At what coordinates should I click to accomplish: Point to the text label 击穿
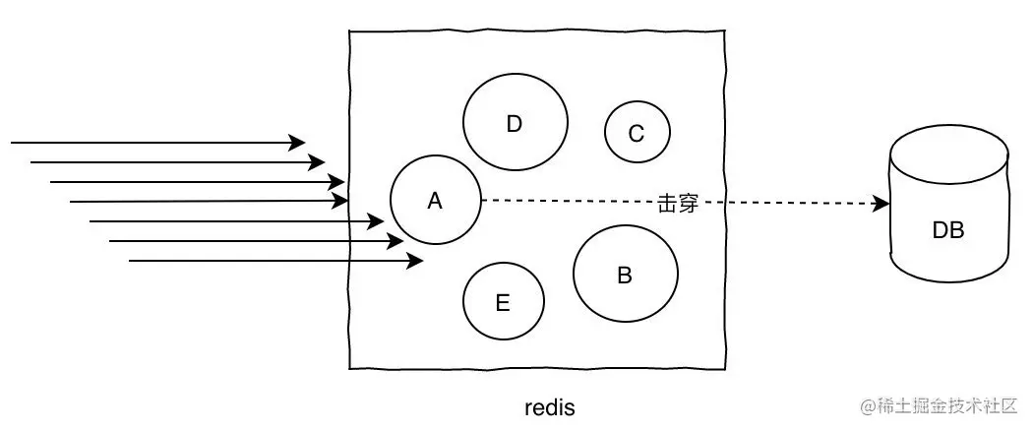click(677, 204)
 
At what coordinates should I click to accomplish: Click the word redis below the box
click(549, 408)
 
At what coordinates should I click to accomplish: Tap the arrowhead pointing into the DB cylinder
click(881, 204)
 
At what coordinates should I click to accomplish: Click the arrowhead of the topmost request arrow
click(296, 142)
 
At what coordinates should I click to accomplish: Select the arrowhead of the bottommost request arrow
click(414, 261)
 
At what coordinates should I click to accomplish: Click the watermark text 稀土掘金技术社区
click(946, 406)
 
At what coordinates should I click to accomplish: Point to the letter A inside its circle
click(435, 201)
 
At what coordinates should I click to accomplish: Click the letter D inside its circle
click(515, 124)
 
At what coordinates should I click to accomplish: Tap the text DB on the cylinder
click(948, 230)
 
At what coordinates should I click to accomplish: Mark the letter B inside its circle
click(625, 275)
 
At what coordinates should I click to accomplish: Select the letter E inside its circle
click(503, 303)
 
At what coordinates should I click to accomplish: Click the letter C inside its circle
click(637, 134)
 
